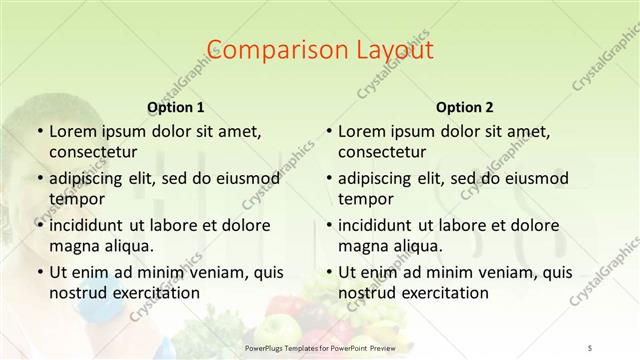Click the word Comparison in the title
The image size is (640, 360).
point(265,49)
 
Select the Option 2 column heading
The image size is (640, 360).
point(464,107)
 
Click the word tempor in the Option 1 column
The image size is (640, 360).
point(73,199)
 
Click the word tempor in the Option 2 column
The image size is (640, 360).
point(362,199)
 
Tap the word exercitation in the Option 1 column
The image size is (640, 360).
point(155,293)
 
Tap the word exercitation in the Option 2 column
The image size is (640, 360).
point(444,293)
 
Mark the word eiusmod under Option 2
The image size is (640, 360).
point(536,178)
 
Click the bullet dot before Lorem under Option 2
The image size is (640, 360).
point(328,131)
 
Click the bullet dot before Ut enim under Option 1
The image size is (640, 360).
point(39,271)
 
